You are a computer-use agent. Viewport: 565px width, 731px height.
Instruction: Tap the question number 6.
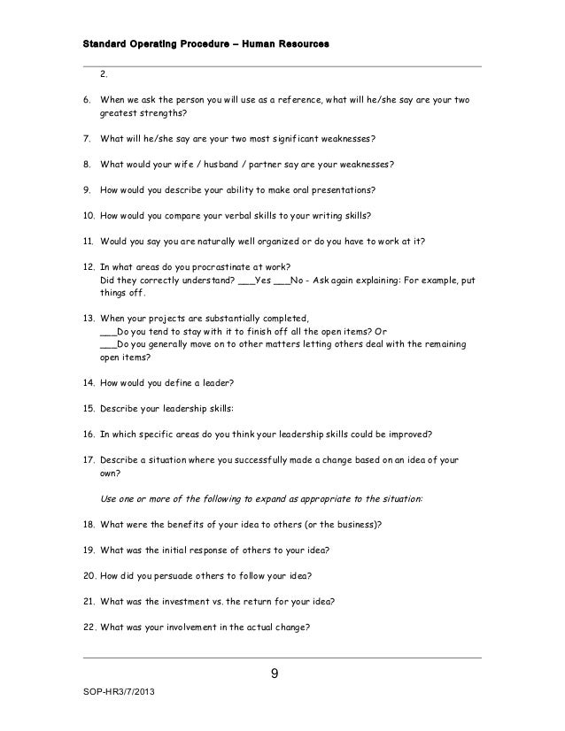[86, 101]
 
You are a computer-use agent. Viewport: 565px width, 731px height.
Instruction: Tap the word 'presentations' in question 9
[340, 189]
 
